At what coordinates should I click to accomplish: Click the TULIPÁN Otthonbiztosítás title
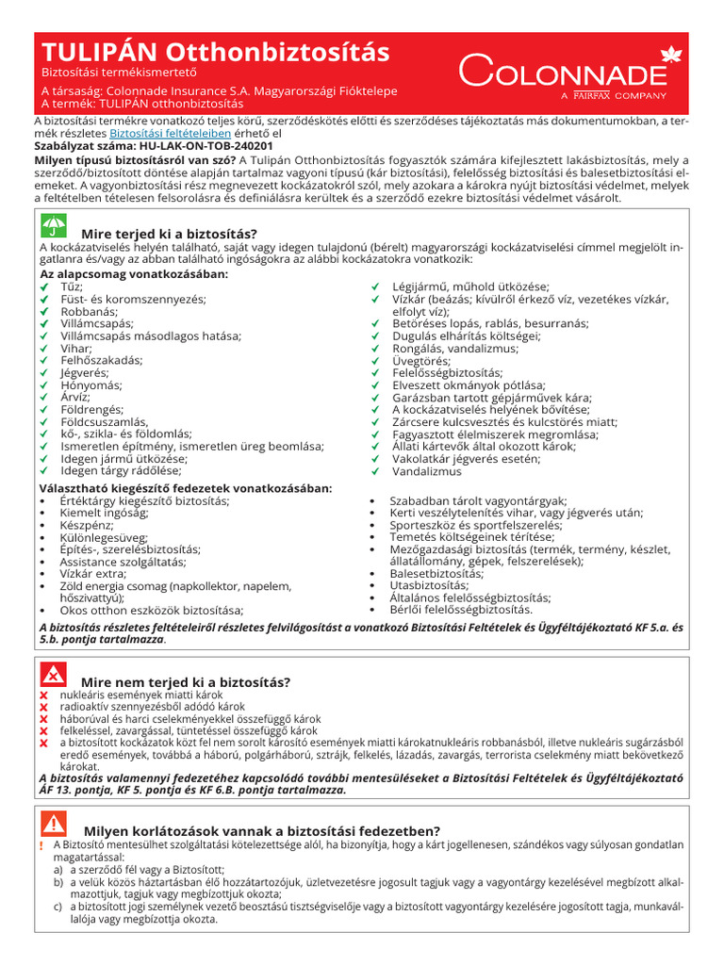pyautogui.click(x=215, y=51)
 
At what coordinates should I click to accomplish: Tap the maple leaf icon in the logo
pyautogui.click(x=671, y=53)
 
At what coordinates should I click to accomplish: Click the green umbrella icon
pyautogui.click(x=54, y=226)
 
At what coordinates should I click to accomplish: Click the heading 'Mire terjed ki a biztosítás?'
pyautogui.click(x=170, y=233)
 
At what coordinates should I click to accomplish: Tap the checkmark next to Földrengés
pyautogui.click(x=41, y=410)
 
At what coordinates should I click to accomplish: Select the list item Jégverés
pyautogui.click(x=82, y=373)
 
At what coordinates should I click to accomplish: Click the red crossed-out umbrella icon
pyautogui.click(x=54, y=675)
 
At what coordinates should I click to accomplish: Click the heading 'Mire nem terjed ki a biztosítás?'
pyautogui.click(x=186, y=681)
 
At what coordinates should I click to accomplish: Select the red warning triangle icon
pyautogui.click(x=54, y=825)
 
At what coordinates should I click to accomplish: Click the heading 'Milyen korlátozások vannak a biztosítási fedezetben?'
pyautogui.click(x=262, y=830)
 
